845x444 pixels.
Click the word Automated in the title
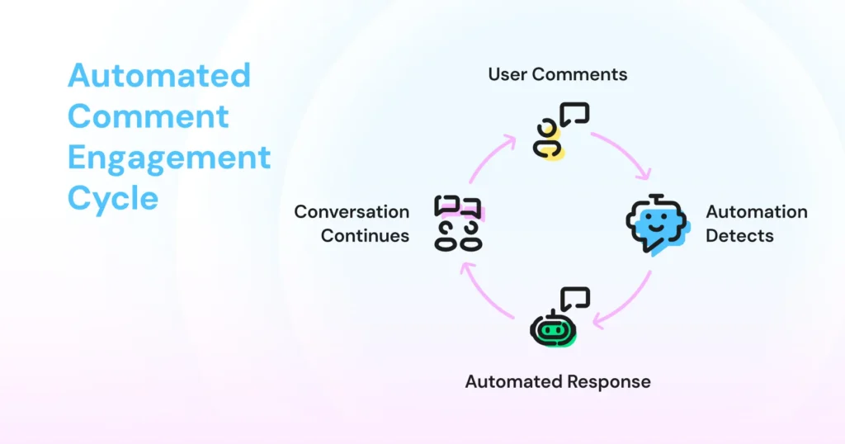158,76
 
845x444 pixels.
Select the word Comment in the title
148,116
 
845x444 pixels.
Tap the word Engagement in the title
168,157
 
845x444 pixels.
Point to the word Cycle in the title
112,198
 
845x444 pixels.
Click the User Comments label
557,74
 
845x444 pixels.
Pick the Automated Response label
558,381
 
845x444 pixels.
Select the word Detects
739,235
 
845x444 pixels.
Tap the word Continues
365,235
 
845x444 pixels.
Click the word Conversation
352,212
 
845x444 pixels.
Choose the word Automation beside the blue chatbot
756,212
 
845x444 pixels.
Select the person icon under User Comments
548,139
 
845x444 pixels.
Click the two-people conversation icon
458,223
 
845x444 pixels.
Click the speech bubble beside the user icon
574,113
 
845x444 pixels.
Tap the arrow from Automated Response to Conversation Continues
483,297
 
